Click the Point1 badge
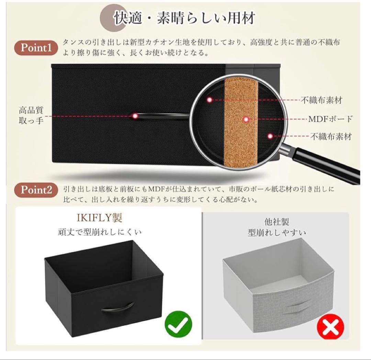(36, 48)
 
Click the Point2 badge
(36, 190)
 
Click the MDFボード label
(330, 119)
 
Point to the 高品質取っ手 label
(31, 116)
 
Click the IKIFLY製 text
(99, 218)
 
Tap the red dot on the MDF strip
(246, 119)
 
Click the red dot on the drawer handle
(135, 116)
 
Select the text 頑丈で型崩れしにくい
(99, 232)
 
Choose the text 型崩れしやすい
(277, 233)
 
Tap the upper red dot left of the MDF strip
(210, 100)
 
